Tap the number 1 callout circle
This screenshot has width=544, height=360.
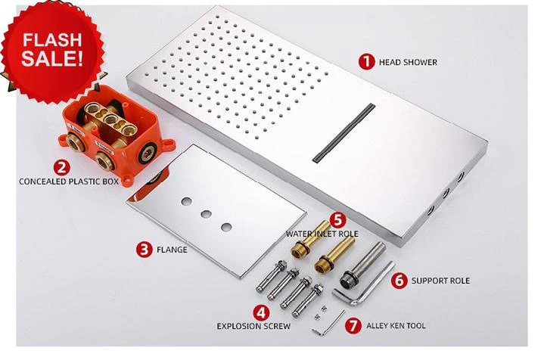366,61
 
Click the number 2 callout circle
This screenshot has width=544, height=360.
63,167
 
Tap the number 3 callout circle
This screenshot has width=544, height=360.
144,247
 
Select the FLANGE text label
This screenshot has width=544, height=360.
173,248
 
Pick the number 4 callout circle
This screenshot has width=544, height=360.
260,311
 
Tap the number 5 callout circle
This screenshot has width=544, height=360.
338,220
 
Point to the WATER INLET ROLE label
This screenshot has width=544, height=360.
322,234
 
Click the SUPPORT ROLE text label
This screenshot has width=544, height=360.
440,281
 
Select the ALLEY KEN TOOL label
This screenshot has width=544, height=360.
395,326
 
